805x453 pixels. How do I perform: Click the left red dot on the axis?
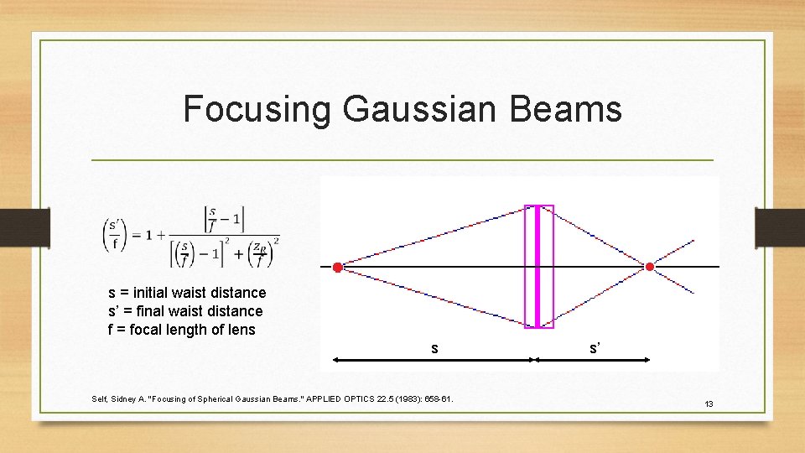coord(337,268)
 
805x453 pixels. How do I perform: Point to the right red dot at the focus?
coord(650,267)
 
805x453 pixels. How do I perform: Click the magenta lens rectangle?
coord(539,266)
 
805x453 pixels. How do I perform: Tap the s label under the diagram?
coord(434,348)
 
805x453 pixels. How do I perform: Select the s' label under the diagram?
coord(594,347)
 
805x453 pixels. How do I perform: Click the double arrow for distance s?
coord(434,360)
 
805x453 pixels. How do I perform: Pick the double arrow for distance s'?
coord(593,360)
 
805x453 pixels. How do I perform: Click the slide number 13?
coord(709,404)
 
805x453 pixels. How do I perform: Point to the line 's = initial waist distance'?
coord(187,293)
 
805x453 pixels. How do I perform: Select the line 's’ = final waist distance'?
coord(185,311)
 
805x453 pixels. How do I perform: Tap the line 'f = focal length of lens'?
coord(182,330)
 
